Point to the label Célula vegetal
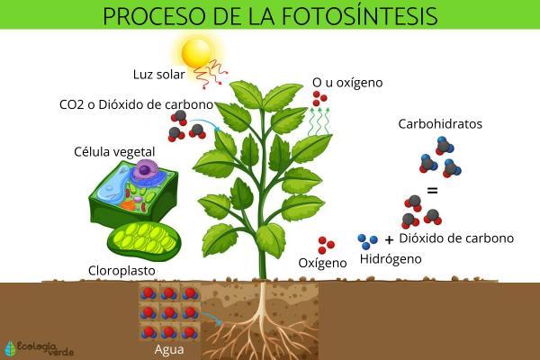[x=114, y=150]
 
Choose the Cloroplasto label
[x=122, y=270]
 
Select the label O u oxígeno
[x=347, y=83]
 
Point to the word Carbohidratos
[x=436, y=123]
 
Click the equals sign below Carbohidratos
[x=432, y=191]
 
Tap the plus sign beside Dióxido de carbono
[x=389, y=240]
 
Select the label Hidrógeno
[x=391, y=259]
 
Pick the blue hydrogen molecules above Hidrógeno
[x=367, y=240]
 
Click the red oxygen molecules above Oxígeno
[x=326, y=245]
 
